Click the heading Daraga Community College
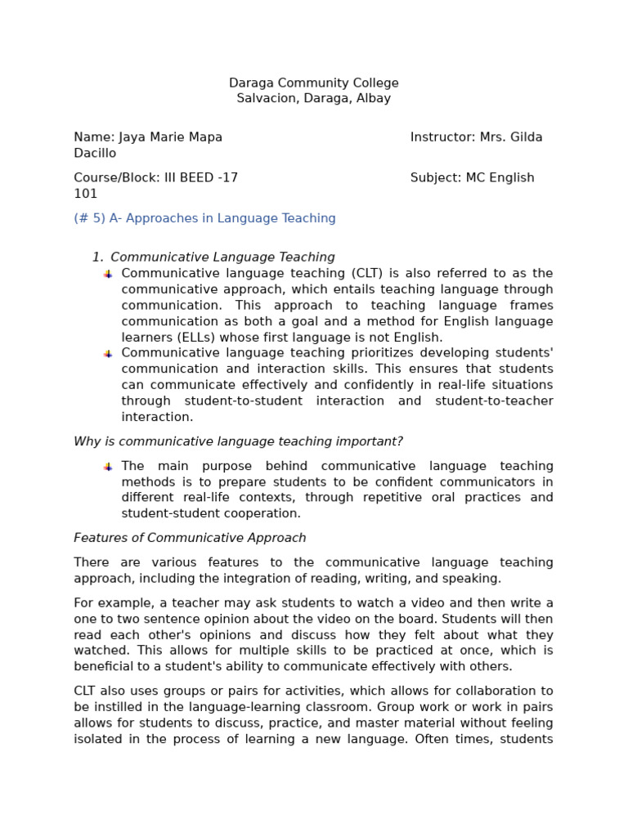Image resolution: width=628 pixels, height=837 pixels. pos(314,83)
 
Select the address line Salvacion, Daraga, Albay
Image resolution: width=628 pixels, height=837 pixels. pos(314,98)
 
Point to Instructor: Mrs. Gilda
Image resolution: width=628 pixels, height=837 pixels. pos(476,137)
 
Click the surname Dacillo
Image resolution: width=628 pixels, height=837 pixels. pos(95,153)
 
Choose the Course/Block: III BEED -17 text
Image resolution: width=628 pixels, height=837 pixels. pos(156,177)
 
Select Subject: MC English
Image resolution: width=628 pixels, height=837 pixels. pos(472,177)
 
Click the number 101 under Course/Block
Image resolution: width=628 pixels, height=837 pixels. pos(85,194)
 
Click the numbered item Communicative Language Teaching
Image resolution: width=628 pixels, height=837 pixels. pos(222,257)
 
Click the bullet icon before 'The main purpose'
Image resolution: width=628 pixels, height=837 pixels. pos(108,466)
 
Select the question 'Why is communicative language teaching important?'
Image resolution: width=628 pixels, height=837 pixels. pos(238,441)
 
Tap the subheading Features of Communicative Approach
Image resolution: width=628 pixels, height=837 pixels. pos(190,538)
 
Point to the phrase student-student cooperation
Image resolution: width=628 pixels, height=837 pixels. pos(211,513)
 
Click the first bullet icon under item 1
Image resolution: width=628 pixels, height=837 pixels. pos(108,274)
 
